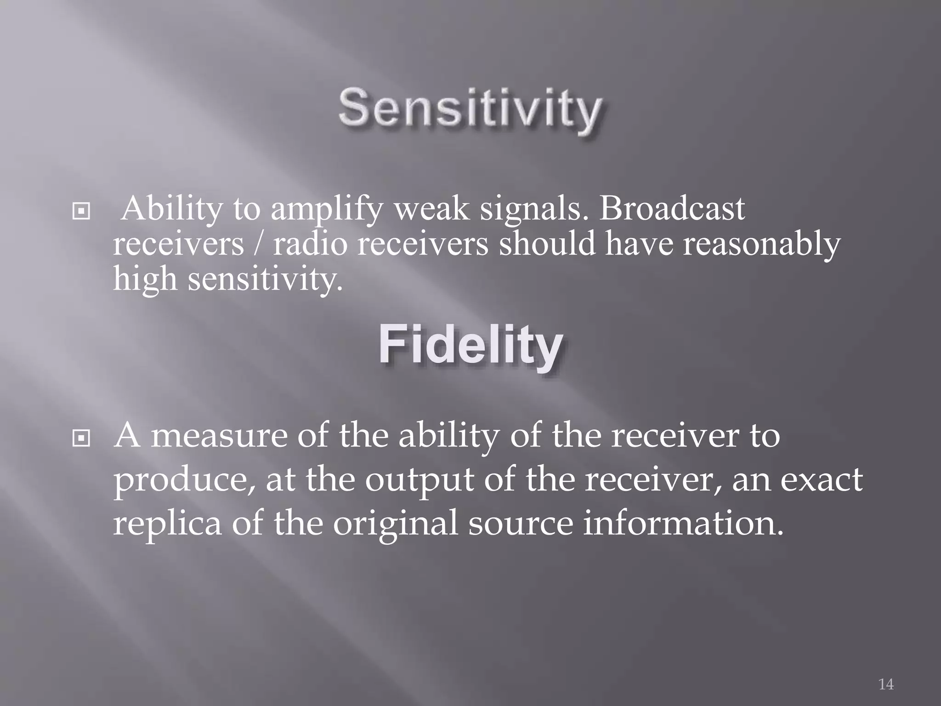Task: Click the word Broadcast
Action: [x=672, y=209]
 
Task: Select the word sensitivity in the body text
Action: [x=265, y=279]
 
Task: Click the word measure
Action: [x=219, y=436]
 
